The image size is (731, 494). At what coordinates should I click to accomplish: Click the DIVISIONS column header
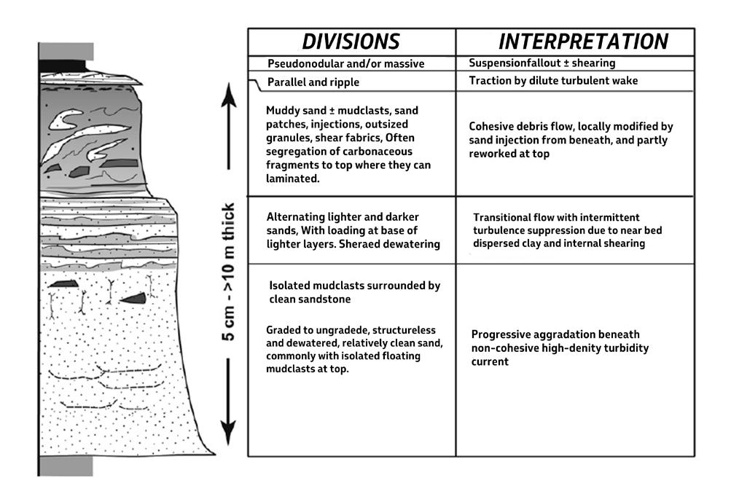tap(351, 41)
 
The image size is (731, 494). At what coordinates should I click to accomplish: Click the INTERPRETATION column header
tap(582, 41)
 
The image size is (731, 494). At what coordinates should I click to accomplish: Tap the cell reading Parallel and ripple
tap(313, 82)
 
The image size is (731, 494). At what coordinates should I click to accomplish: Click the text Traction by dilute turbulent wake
tap(553, 81)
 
